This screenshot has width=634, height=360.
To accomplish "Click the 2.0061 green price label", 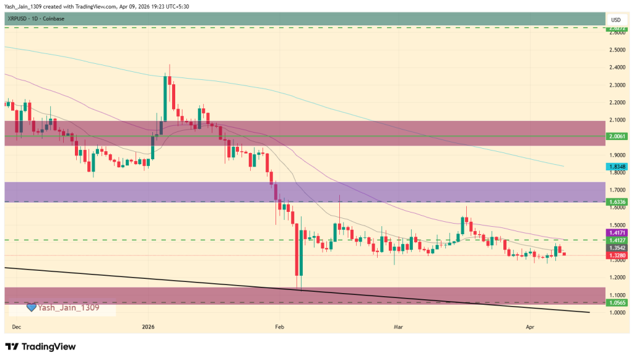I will pyautogui.click(x=617, y=136).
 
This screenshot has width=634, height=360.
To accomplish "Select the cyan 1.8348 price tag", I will pyautogui.click(x=617, y=167).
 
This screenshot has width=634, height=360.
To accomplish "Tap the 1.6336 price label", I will pyautogui.click(x=617, y=202).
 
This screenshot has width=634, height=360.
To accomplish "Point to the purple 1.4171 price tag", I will pyautogui.click(x=617, y=232).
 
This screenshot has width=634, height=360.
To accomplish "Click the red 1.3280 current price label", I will pyautogui.click(x=617, y=255).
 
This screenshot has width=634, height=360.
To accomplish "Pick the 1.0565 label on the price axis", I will pyautogui.click(x=617, y=303).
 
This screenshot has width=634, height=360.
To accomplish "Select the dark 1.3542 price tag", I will pyautogui.click(x=617, y=248).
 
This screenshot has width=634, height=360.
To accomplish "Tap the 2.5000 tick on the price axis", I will pyautogui.click(x=616, y=50).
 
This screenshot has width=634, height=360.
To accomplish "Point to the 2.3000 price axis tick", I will pyautogui.click(x=616, y=85).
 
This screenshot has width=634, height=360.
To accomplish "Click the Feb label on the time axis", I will pyautogui.click(x=279, y=325).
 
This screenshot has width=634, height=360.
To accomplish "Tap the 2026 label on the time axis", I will pyautogui.click(x=148, y=325).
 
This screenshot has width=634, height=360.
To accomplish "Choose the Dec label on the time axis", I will pyautogui.click(x=15, y=325).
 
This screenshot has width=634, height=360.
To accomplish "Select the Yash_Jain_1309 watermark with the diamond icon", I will pyautogui.click(x=62, y=307).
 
